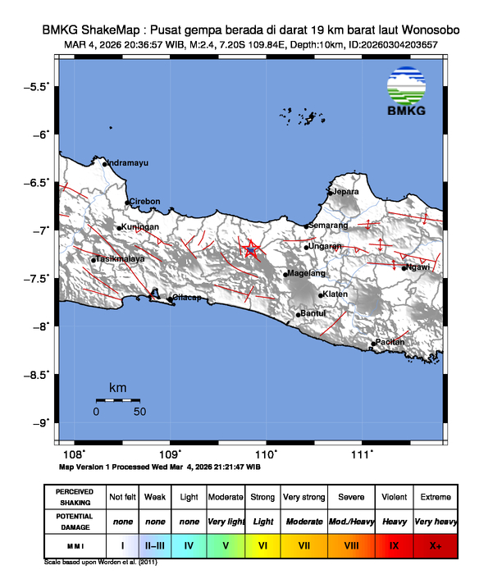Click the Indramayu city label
coord(128,163)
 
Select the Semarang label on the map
coord(328,225)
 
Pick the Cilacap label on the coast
coord(185,298)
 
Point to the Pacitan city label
coord(390,343)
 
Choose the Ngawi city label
coord(418,267)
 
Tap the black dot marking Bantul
coord(299,314)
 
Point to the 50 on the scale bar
coord(139,411)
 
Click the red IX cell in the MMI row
coord(394,544)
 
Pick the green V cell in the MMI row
coord(225,544)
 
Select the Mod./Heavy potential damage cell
coord(351,521)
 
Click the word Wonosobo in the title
coord(428,30)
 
